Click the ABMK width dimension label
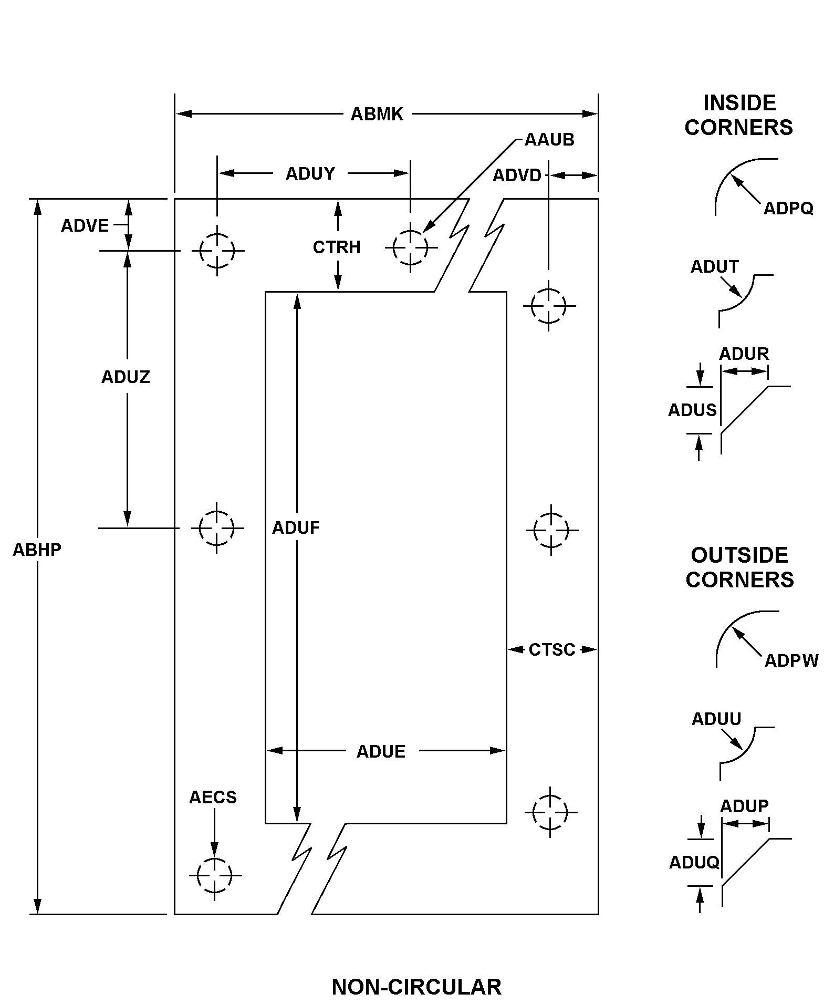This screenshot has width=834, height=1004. point(377,114)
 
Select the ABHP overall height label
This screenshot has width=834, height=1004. point(37,550)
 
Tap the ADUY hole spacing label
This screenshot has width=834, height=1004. point(310,173)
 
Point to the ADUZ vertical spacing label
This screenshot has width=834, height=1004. point(126,377)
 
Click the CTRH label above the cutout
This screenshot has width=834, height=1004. point(337,247)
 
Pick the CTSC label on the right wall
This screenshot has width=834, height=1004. point(552,650)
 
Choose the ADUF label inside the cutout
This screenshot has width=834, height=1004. point(296,527)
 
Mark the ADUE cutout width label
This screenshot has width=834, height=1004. point(381,751)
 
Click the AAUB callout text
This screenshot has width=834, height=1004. point(549,140)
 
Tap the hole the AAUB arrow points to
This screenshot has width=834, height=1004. point(411,247)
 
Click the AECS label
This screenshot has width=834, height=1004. point(213,797)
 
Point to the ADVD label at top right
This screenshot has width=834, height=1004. point(517,175)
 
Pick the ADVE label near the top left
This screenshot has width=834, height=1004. point(85,226)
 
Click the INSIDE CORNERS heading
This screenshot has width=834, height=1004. point(739,115)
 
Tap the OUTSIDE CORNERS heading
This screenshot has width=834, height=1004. point(739,567)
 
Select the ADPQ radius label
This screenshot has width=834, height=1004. point(788,209)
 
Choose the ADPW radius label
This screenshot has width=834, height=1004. point(791,660)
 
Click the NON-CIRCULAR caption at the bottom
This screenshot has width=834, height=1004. point(416,987)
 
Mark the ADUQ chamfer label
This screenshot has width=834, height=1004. point(694,862)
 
